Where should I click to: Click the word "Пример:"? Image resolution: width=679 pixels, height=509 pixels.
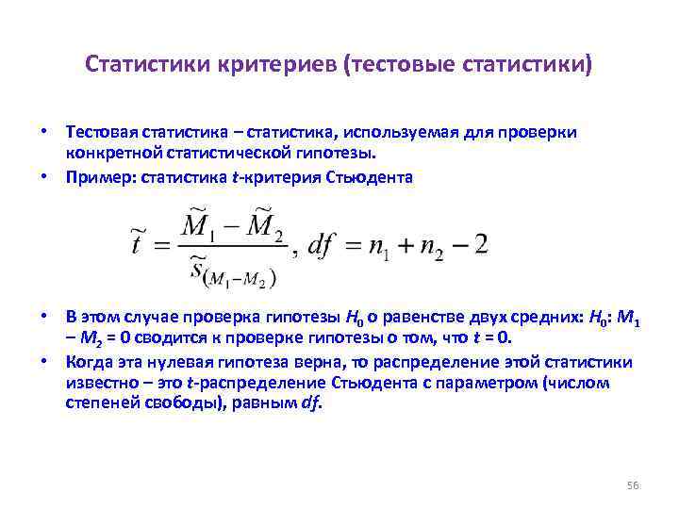point(100,176)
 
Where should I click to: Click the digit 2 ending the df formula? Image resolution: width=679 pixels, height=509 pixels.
point(480,245)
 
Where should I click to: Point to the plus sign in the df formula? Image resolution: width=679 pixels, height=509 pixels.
point(401,246)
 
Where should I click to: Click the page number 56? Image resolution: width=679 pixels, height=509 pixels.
point(633,485)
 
